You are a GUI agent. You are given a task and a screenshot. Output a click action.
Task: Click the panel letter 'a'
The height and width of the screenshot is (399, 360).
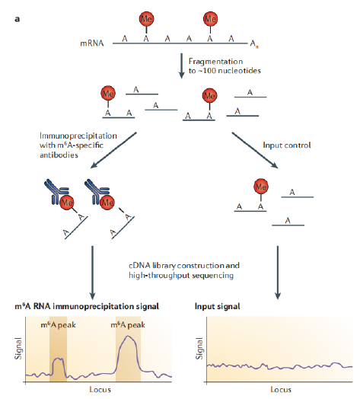tap(17, 19)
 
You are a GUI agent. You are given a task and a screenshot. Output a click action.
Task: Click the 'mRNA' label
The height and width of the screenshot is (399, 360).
tap(92, 43)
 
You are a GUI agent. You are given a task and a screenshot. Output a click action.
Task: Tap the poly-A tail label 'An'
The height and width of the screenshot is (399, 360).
tap(254, 43)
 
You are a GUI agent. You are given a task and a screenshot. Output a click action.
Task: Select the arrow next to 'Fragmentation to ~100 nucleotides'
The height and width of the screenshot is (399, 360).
tap(181, 65)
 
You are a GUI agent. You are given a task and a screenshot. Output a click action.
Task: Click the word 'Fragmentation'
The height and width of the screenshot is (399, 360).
tap(215, 62)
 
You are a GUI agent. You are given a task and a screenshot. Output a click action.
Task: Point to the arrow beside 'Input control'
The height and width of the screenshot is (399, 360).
tap(254, 150)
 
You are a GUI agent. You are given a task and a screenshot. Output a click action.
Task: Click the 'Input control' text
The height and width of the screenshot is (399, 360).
tap(287, 145)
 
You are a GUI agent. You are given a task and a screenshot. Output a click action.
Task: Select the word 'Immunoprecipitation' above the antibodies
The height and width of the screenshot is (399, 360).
tap(78, 136)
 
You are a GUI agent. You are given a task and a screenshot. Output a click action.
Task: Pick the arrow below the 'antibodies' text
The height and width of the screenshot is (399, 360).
tap(113, 150)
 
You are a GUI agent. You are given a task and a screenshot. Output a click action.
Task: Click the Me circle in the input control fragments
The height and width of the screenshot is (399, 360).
tap(261, 187)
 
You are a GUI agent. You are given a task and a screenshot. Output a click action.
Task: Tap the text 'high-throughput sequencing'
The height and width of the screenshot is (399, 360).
tap(181, 276)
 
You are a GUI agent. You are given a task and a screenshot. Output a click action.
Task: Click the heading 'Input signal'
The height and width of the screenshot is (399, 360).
tap(217, 306)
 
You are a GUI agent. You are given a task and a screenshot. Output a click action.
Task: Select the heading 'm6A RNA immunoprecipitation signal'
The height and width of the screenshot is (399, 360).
tap(87, 306)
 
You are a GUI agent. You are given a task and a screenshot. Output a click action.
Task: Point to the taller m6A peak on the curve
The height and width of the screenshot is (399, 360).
tap(128, 337)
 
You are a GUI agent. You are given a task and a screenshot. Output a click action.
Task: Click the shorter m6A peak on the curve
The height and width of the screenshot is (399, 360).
tap(59, 359)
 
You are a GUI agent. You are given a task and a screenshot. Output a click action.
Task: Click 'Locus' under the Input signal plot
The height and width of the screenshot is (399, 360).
tap(281, 390)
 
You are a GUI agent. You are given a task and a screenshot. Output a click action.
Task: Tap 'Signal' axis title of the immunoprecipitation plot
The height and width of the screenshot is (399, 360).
tap(18, 348)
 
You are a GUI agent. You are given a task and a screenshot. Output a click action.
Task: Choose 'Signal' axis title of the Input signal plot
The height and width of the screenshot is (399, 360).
tap(199, 348)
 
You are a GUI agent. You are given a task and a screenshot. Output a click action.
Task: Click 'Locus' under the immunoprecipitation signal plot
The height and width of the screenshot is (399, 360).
tap(100, 390)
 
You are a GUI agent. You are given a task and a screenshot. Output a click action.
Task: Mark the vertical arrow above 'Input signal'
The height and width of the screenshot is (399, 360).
tap(278, 273)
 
